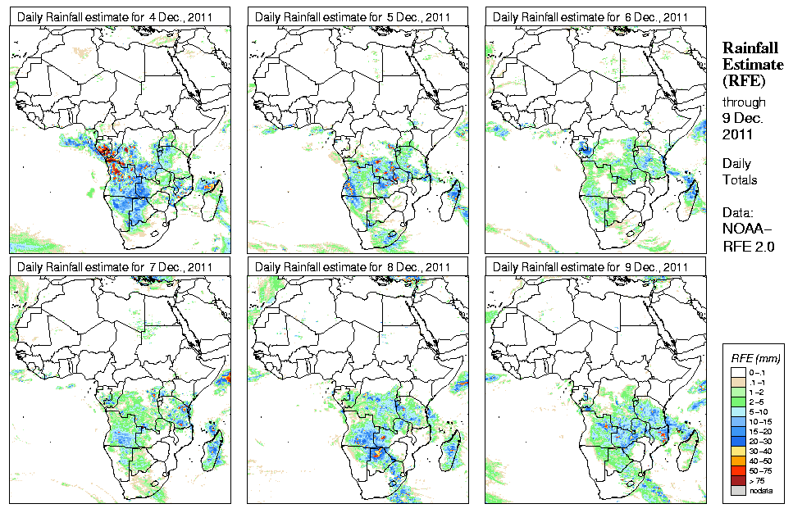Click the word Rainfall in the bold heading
750,48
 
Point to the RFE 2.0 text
747,244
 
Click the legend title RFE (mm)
755,358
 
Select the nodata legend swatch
737,490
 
